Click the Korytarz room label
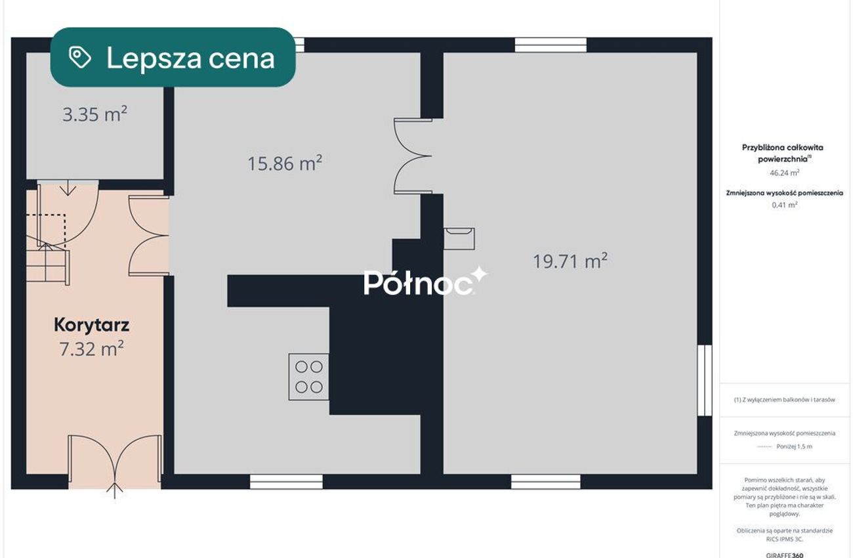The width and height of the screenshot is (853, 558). point(91,325)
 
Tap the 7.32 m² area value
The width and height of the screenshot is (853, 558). point(91,349)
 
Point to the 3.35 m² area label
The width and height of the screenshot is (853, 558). point(95,114)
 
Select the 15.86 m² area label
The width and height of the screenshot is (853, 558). point(285,163)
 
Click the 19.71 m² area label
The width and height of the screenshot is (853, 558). point(570,261)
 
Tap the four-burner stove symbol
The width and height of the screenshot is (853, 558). point(309,377)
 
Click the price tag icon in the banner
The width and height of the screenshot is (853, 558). point(79,58)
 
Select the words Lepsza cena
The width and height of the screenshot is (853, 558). point(190,58)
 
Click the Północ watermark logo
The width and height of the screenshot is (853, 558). point(425,282)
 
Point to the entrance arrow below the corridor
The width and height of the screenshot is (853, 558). point(115,490)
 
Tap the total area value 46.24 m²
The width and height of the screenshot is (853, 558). point(785,173)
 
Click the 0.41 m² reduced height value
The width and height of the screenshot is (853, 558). point(785,205)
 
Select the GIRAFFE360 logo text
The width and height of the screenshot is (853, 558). point(785,555)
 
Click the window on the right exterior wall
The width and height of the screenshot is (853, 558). point(705,381)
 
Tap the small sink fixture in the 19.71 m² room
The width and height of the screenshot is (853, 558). point(459,239)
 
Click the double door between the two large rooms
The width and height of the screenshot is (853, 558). point(413,156)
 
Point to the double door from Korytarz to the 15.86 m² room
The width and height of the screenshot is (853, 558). point(148,236)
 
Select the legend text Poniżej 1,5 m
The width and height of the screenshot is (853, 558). point(795,446)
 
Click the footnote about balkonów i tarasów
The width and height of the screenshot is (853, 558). point(785,400)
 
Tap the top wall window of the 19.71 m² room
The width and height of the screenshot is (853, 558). point(551,45)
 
